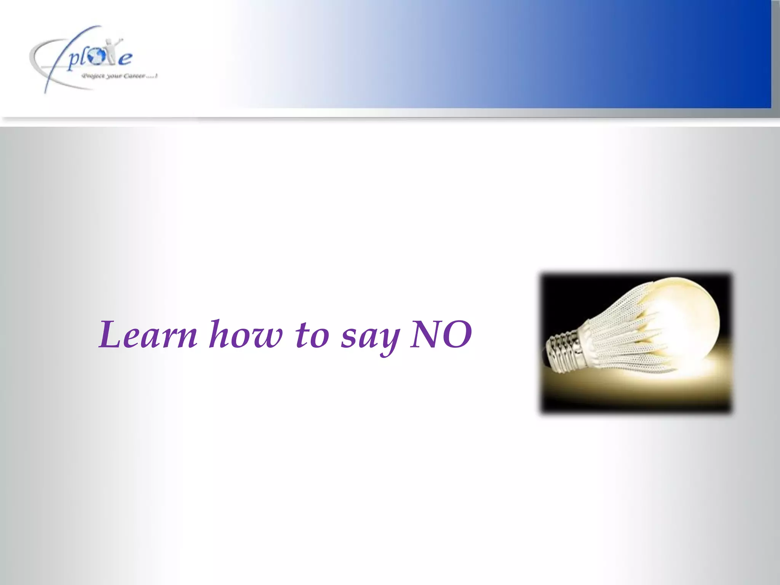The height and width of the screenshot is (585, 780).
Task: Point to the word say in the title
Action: (370, 337)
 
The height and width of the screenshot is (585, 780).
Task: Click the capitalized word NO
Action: (441, 334)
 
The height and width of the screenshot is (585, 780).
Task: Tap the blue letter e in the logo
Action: (125, 59)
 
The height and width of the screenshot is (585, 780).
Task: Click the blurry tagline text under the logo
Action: (119, 76)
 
